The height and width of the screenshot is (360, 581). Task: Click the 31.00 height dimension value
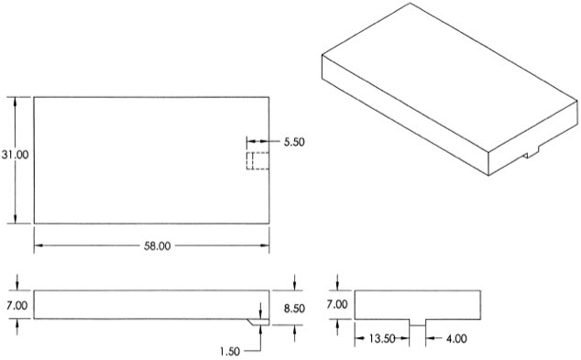(16, 156)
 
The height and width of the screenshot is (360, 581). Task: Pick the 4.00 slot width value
(455, 338)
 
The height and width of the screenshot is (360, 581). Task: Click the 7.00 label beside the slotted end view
(338, 303)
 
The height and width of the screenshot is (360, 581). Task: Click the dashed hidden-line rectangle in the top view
(257, 161)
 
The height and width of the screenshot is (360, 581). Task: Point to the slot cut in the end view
(417, 322)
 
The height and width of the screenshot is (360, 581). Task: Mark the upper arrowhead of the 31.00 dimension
(16, 100)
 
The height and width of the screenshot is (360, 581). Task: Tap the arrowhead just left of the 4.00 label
(427, 338)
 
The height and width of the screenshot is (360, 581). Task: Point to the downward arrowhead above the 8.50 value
(294, 285)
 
